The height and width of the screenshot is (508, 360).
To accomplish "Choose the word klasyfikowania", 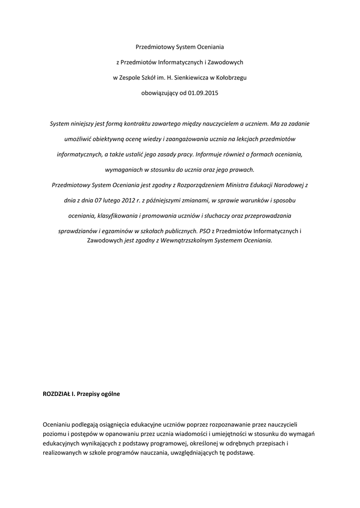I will tap(118, 215).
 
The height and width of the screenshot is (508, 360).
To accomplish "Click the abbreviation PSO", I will tap(205, 231).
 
